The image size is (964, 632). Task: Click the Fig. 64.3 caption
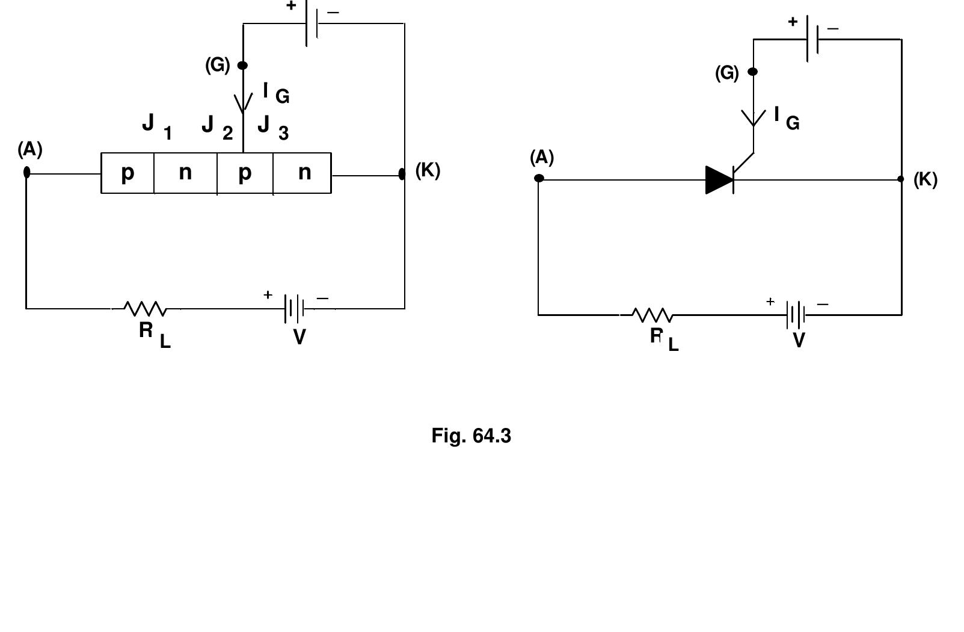[x=471, y=435]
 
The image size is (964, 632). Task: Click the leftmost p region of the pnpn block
[x=127, y=173]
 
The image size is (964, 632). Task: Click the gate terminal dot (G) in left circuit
[x=242, y=65]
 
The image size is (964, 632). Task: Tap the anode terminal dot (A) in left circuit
[x=26, y=173]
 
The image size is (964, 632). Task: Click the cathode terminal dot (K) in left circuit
[x=402, y=174]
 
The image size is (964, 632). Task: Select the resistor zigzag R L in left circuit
[x=145, y=309]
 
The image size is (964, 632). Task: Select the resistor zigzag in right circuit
[x=652, y=315]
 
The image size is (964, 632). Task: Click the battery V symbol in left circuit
[x=295, y=309]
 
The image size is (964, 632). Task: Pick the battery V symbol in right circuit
[x=796, y=315]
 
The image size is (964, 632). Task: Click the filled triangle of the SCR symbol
[x=718, y=180]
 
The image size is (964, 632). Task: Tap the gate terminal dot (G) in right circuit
[x=752, y=72]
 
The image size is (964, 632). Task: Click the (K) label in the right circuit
[x=925, y=179]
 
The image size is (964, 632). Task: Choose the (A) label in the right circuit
[x=541, y=158]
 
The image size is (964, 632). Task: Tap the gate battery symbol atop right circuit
[x=812, y=39]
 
